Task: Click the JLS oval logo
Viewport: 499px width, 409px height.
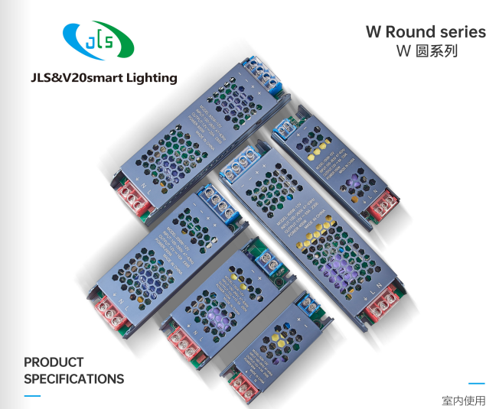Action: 98,41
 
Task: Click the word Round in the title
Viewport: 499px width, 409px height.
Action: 410,32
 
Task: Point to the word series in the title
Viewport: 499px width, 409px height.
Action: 463,32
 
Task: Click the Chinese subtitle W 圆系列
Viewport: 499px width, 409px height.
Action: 426,52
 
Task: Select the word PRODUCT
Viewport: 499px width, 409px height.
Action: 54,362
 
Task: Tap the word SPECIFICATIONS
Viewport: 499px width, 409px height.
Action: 73,379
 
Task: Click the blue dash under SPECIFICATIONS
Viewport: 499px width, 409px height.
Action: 32,395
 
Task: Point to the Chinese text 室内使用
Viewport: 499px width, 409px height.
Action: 463,400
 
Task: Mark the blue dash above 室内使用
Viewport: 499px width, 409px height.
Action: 476,384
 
